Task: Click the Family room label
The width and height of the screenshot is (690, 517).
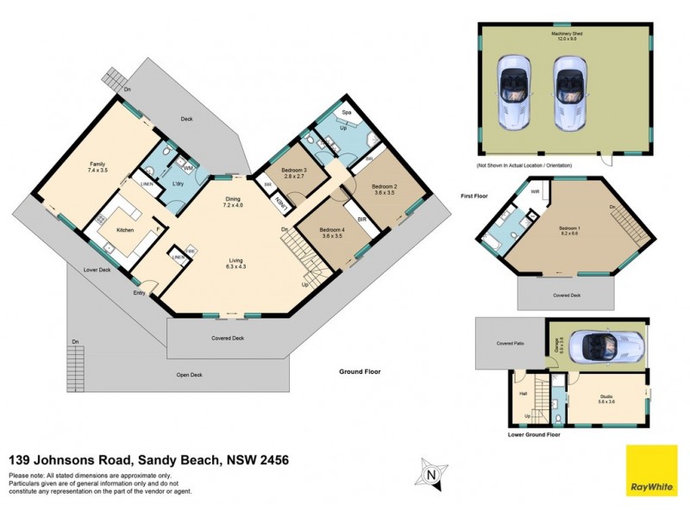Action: (x=97, y=166)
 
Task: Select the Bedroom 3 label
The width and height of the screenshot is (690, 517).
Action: (x=294, y=169)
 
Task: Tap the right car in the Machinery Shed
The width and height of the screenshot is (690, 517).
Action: (x=568, y=92)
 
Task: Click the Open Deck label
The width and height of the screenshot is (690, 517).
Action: (x=189, y=374)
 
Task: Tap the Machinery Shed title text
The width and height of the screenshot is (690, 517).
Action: (x=568, y=34)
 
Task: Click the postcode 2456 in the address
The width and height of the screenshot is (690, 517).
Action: (x=270, y=459)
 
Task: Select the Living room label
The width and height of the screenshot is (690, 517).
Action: (x=235, y=262)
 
